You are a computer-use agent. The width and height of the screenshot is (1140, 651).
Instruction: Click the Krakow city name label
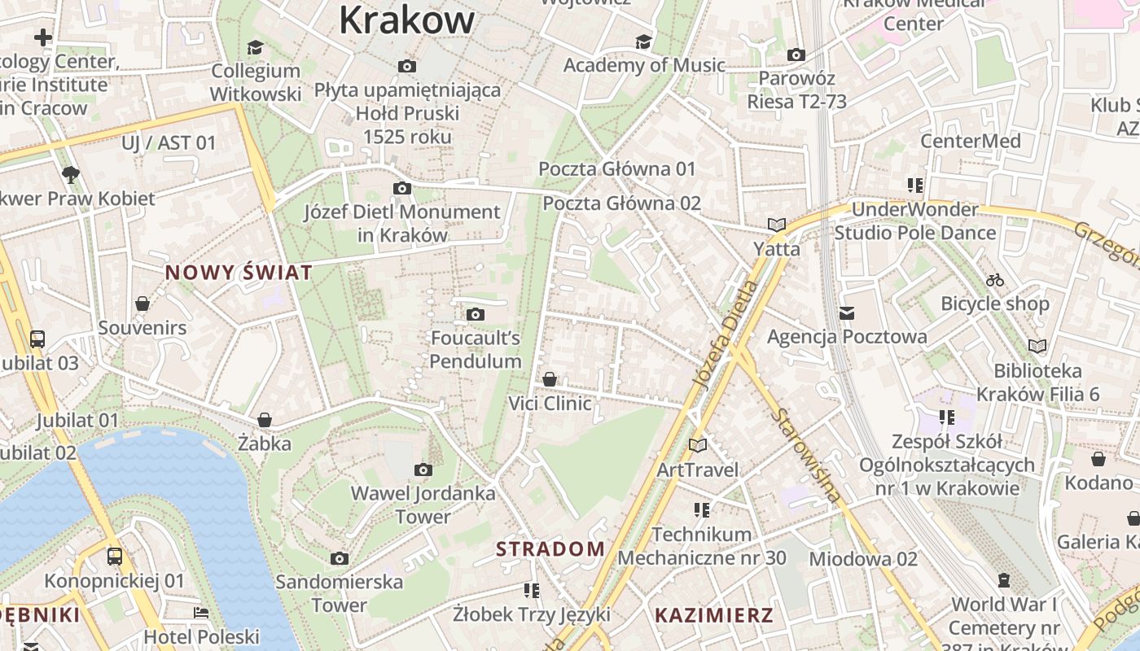tap(406, 20)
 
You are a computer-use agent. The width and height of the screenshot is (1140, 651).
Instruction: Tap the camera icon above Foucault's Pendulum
tap(476, 314)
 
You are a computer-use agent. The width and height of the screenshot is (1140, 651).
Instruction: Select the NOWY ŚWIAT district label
tap(239, 273)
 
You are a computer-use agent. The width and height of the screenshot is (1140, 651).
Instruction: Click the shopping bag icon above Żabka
tap(264, 420)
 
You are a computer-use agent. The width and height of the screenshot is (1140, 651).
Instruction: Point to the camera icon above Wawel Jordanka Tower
tap(423, 470)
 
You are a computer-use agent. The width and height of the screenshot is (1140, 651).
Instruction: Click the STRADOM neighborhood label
tap(550, 548)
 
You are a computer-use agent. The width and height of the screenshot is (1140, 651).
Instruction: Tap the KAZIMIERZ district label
tap(713, 615)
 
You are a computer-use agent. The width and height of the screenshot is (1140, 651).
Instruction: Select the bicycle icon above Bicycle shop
tap(994, 280)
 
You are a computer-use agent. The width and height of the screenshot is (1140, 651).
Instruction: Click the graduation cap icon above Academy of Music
tap(643, 42)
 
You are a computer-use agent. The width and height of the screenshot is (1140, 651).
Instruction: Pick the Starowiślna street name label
tap(806, 455)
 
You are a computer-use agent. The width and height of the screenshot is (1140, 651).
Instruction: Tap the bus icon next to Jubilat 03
tap(37, 339)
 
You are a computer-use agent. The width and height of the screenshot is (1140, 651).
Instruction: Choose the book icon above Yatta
tap(776, 225)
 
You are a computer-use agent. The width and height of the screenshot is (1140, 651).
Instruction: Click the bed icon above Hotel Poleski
tap(201, 612)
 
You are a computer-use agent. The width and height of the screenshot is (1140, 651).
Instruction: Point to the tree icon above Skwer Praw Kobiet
tap(71, 174)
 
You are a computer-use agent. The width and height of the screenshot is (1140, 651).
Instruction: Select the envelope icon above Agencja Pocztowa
tap(847, 312)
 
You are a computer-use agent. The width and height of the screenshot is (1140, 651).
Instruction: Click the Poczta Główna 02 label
tap(621, 203)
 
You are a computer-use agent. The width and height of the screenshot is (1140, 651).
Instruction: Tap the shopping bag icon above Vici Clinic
tap(550, 379)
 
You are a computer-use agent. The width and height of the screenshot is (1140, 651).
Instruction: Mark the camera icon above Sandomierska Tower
tap(340, 558)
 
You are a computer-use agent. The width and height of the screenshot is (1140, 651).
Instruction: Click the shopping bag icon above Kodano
tap(1098, 459)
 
